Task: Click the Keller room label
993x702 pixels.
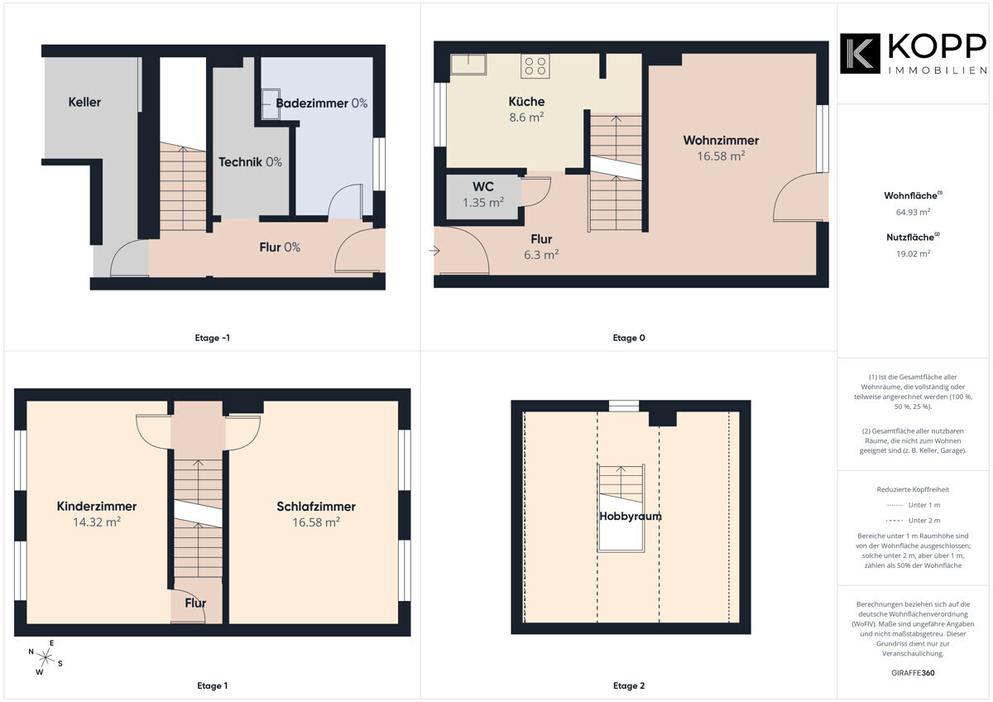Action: [84, 102]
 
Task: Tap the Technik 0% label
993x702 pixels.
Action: [250, 162]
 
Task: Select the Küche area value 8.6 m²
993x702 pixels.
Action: [526, 117]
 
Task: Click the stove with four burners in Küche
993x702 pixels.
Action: [535, 66]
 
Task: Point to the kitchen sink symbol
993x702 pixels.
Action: [468, 65]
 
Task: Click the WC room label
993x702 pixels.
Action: [482, 187]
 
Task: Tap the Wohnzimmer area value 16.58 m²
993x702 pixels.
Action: [721, 156]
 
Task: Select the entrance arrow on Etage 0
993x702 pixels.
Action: [434, 251]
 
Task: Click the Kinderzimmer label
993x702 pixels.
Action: [97, 506]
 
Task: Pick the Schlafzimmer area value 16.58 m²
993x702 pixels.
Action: [316, 522]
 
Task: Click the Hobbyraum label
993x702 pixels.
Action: [631, 517]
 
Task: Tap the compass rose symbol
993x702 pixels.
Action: [46, 657]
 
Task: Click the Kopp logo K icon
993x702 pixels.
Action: [860, 54]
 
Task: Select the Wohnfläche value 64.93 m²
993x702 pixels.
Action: [913, 212]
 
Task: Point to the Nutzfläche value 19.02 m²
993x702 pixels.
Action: [913, 253]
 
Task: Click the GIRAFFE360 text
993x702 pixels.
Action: [913, 673]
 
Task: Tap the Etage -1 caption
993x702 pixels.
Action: [213, 338]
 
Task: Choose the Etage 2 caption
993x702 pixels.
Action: [629, 685]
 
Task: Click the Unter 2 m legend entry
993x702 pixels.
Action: [913, 520]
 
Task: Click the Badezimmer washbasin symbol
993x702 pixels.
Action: [270, 104]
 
